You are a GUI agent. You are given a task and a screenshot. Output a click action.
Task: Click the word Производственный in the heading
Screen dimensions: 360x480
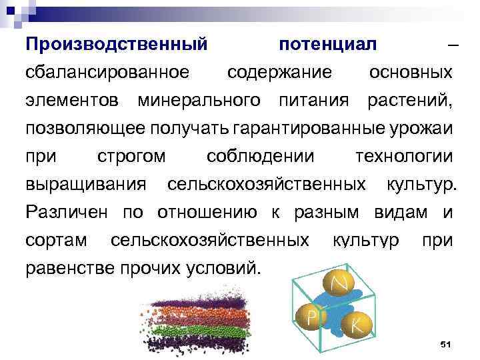click(x=116, y=45)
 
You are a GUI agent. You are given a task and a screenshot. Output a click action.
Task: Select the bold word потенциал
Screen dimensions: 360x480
click(x=328, y=45)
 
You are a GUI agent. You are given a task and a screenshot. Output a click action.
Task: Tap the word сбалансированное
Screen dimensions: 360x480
click(x=106, y=73)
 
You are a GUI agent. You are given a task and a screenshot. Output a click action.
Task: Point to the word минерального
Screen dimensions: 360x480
click(x=199, y=101)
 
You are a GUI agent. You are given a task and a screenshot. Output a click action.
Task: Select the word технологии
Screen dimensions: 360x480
click(x=403, y=157)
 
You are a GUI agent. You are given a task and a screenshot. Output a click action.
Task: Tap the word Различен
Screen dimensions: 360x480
click(x=70, y=212)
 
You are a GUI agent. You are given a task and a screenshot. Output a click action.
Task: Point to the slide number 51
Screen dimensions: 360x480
click(x=446, y=344)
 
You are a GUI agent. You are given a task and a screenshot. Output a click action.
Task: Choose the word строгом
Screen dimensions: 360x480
click(x=131, y=157)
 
